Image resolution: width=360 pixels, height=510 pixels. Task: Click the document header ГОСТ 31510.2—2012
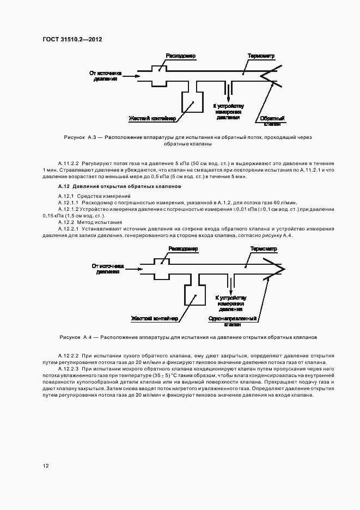tap(72, 39)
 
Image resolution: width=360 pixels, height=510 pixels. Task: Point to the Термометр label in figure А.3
tap(261, 56)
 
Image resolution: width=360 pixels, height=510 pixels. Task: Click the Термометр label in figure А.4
tap(264, 248)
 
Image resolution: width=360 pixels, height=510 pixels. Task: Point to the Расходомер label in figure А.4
tap(182, 248)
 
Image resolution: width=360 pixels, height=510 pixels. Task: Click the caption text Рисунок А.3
tap(80, 138)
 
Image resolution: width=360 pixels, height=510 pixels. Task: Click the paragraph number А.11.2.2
tap(69, 163)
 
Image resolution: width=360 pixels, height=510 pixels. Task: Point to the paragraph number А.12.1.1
tap(69, 202)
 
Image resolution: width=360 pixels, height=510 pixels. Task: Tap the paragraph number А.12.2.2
tap(69, 355)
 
